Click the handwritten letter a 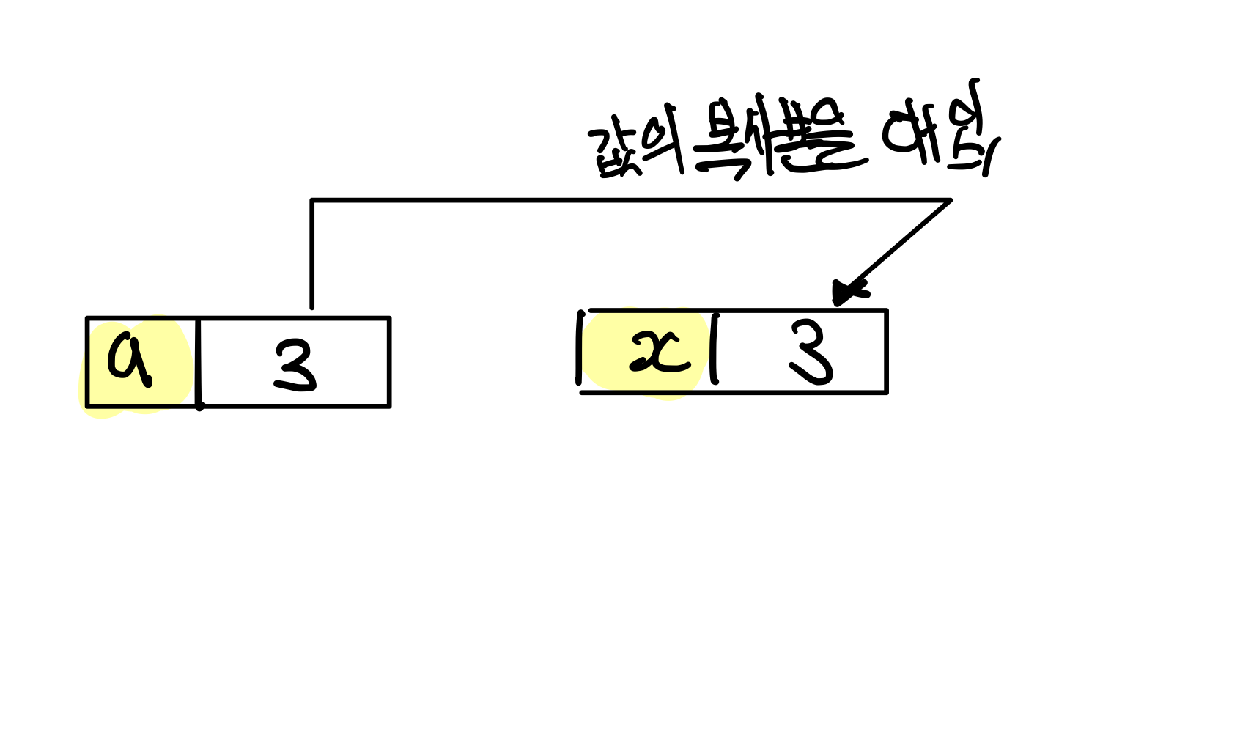click(130, 358)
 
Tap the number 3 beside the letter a click(295, 366)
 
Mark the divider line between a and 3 click(198, 362)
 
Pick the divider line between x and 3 click(715, 349)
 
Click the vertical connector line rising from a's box click(312, 253)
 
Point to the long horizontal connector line click(630, 199)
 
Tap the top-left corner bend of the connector click(313, 200)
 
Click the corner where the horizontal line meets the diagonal click(950, 200)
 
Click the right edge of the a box click(389, 362)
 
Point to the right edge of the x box click(886, 351)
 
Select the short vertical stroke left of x click(580, 347)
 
